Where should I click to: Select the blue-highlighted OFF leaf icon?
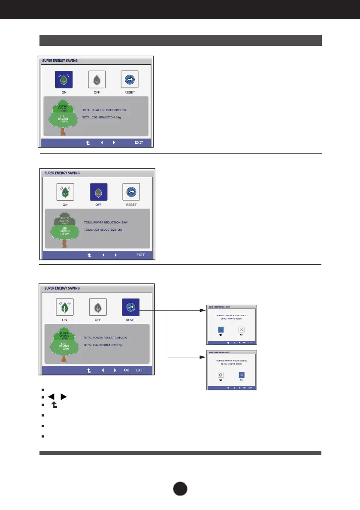click(98, 192)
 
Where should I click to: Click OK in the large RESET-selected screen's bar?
click(126, 370)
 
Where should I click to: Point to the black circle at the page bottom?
click(180, 489)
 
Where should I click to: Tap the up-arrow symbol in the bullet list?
click(55, 405)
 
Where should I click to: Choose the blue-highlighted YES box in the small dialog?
click(221, 330)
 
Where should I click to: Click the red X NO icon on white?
click(241, 330)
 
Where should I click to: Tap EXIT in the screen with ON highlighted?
click(139, 142)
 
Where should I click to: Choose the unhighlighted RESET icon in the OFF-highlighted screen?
click(131, 192)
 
